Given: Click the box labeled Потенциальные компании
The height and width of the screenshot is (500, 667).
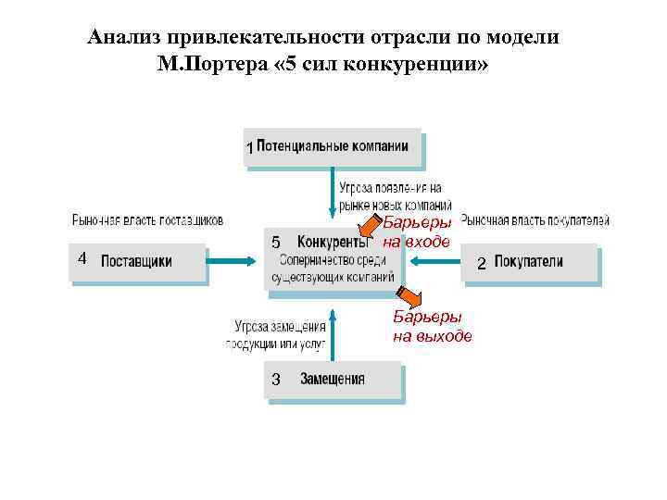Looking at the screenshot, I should point(332,146).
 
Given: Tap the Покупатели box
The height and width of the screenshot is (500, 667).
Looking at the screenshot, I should point(529,262).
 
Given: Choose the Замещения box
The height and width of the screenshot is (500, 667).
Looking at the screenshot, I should point(333,380).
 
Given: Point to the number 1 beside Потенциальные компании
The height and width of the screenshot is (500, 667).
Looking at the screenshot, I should point(248,148).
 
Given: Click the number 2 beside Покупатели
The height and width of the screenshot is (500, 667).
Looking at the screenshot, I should point(481,265).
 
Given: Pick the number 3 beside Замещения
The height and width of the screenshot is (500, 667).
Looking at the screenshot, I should point(275,381).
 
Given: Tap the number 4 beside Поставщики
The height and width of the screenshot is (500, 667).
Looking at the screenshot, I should point(82,258).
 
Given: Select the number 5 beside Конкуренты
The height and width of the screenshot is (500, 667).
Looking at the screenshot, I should point(275,243).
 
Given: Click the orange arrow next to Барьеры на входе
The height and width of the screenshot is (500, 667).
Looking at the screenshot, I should point(371,229).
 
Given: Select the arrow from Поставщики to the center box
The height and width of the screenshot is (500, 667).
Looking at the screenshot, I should point(235,262).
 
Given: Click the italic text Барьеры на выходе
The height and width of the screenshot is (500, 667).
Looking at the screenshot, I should point(432,328).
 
